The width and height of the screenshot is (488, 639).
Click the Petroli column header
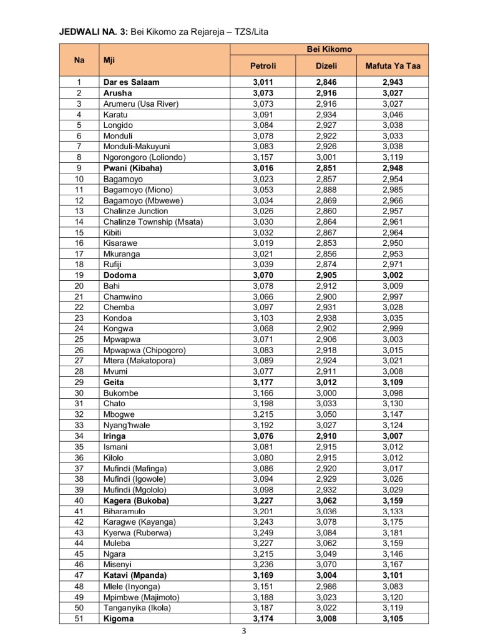(x=263, y=66)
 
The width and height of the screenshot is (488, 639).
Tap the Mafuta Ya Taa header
(x=393, y=66)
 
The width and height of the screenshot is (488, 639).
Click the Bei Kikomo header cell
(x=329, y=49)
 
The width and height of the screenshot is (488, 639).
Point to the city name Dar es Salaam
(x=131, y=82)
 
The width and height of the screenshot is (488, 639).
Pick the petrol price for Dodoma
(x=263, y=275)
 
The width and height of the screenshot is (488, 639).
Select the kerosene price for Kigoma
(x=393, y=618)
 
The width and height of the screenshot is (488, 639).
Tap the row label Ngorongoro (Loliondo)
(x=144, y=157)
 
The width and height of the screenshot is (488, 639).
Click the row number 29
(x=79, y=382)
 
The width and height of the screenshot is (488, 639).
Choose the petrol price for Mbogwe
(x=263, y=414)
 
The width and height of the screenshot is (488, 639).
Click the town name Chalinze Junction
(x=135, y=211)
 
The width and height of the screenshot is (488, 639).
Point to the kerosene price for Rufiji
(x=393, y=264)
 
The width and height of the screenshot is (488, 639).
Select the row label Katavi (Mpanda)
(x=136, y=575)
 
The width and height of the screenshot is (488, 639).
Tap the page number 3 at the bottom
(x=245, y=631)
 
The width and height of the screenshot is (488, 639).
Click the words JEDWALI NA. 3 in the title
(x=93, y=31)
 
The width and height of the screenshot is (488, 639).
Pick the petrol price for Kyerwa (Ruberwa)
(x=263, y=532)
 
